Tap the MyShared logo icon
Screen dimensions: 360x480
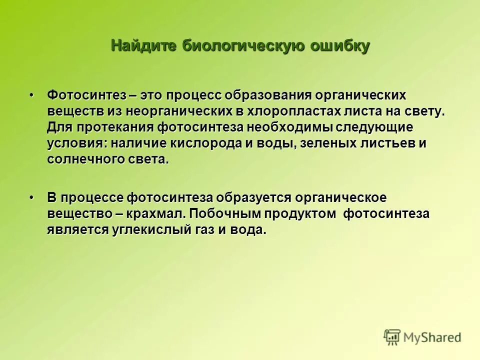(x=392, y=336)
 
